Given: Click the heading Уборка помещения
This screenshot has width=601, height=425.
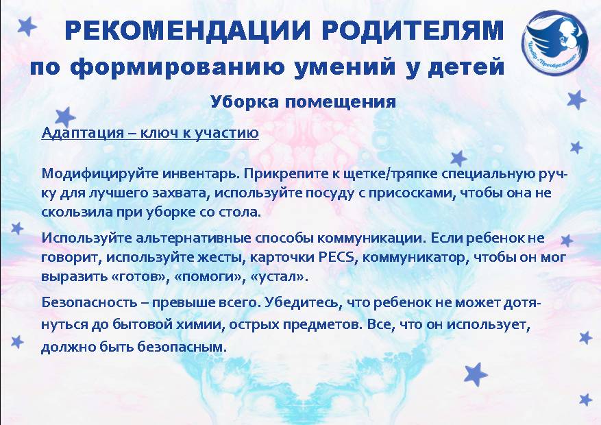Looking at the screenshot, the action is (x=303, y=102).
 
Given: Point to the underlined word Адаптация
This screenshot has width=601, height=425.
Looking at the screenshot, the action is (x=83, y=132).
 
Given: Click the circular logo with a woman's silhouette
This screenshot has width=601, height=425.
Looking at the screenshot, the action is (x=554, y=43).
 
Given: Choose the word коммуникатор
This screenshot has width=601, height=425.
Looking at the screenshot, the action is (x=415, y=257).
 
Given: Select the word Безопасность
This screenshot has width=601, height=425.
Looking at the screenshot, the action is (x=89, y=302).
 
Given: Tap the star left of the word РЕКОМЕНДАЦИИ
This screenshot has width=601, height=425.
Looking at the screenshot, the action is (x=27, y=26).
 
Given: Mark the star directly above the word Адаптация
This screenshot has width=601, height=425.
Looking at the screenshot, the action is (x=65, y=117).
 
